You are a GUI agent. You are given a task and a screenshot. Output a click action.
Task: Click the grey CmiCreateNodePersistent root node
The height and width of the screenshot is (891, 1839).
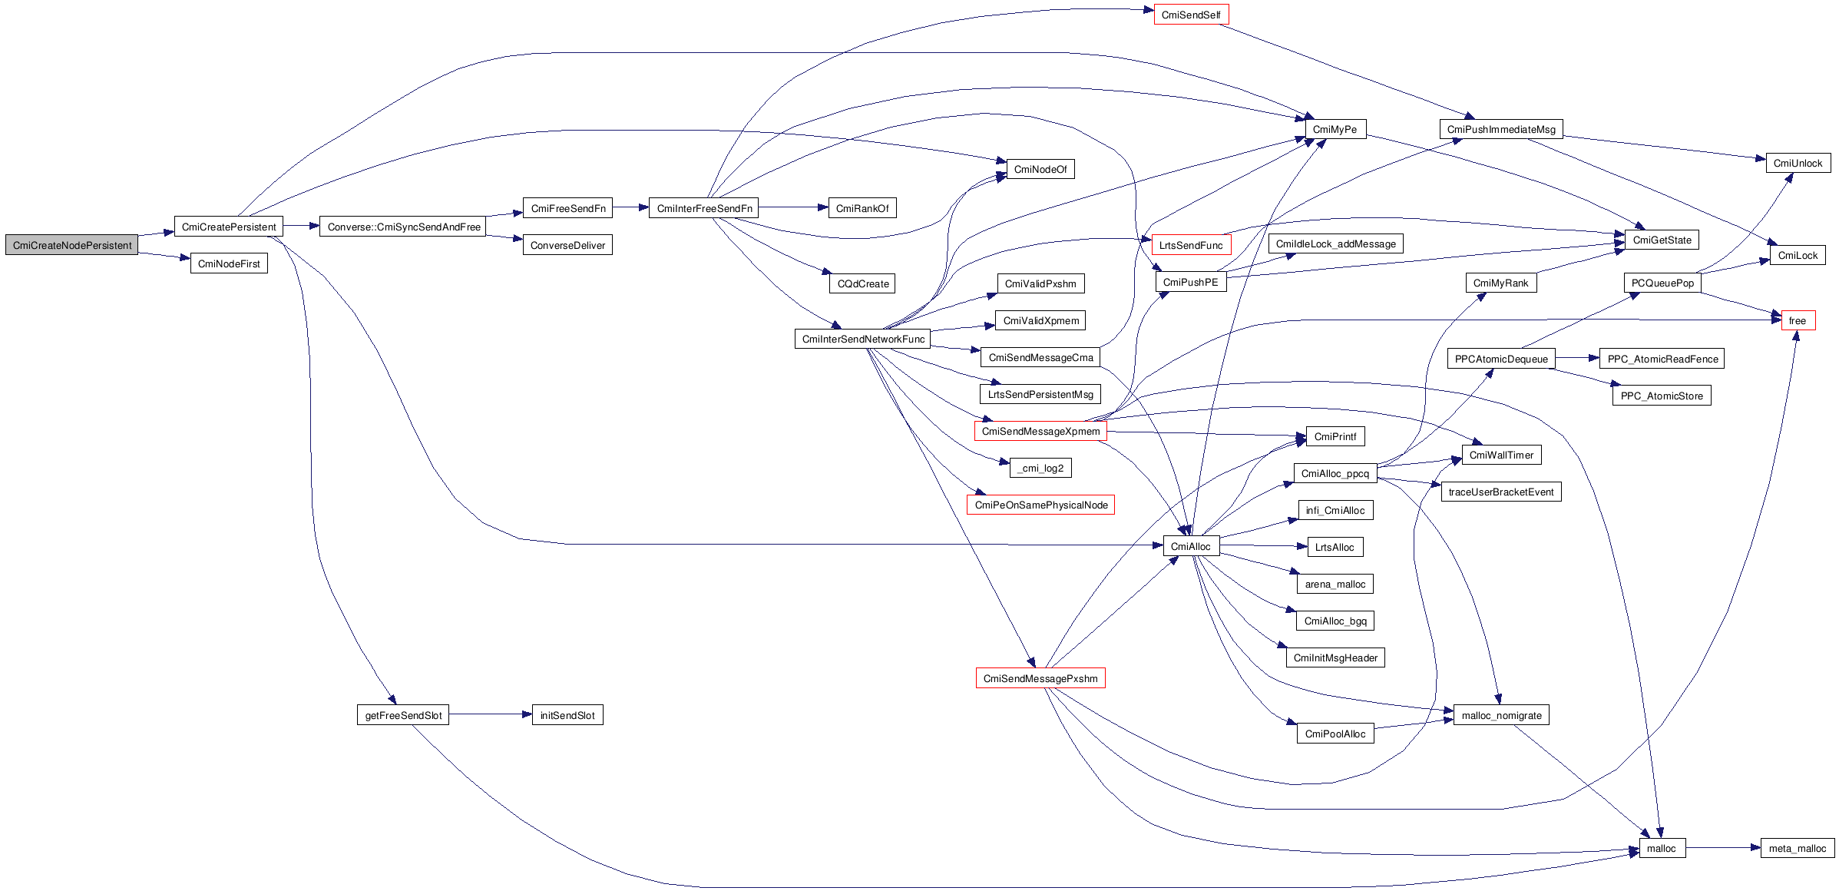tap(71, 245)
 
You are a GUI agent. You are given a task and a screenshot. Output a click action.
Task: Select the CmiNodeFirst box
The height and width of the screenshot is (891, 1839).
tap(229, 263)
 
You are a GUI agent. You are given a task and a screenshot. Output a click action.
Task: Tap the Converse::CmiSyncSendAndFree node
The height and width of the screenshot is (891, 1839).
tap(403, 227)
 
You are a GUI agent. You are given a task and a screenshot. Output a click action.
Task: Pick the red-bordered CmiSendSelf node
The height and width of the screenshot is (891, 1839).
tap(1191, 15)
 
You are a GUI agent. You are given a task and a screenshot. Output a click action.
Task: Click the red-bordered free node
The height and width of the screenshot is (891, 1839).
tap(1798, 320)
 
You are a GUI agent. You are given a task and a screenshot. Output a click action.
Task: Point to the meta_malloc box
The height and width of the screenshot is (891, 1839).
tap(1797, 848)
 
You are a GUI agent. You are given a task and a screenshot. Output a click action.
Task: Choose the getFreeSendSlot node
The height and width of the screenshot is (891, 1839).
tap(403, 715)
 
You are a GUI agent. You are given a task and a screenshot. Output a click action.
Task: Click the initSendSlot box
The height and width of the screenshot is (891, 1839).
tap(567, 715)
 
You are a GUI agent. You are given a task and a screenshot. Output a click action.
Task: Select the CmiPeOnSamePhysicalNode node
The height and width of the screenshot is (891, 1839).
tap(1040, 505)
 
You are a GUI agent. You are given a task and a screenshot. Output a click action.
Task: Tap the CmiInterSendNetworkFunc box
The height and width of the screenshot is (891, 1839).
tap(862, 339)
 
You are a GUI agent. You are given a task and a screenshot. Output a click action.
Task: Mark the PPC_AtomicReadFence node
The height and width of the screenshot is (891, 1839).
tap(1662, 359)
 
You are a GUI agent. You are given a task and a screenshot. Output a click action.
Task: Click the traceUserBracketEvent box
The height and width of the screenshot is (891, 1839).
tap(1500, 492)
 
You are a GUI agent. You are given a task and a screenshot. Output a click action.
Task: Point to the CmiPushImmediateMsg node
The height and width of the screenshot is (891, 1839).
tap(1500, 129)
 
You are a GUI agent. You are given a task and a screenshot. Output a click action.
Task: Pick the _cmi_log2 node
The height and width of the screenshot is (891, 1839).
tap(1040, 468)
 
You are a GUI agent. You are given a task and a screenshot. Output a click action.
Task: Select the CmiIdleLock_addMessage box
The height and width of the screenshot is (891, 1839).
tap(1335, 243)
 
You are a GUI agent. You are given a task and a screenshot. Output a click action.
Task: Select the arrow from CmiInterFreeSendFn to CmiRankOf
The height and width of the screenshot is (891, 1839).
tap(793, 207)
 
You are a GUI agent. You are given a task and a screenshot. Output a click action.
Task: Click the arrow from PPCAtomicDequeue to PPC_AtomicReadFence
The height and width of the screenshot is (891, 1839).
tap(1577, 358)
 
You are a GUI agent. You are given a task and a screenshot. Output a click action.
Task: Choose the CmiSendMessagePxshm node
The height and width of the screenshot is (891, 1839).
tap(1040, 678)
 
